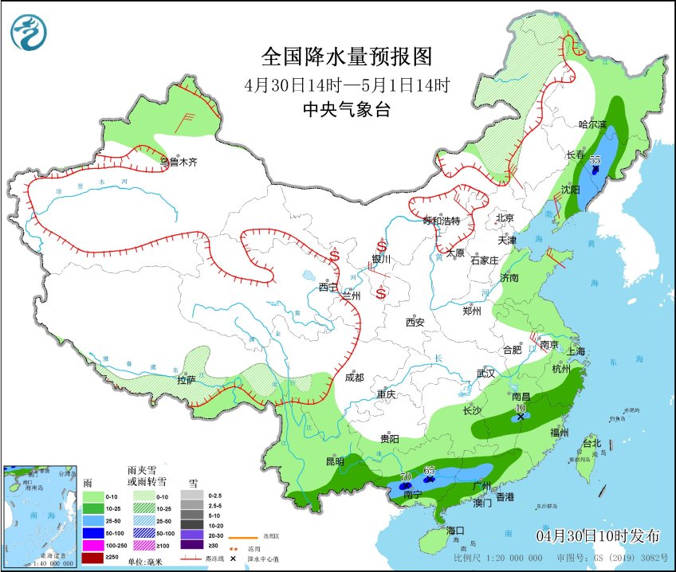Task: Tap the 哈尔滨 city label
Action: point(592,124)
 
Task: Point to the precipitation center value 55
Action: point(595,159)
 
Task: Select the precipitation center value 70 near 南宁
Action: point(405,476)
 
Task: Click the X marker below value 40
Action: point(521,417)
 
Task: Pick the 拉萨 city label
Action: point(186,380)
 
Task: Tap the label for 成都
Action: point(355,377)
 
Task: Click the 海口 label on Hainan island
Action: point(455,530)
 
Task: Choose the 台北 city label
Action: point(591,442)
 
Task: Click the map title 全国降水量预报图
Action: point(347,57)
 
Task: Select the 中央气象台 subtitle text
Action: point(347,111)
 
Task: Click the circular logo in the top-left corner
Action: point(29,33)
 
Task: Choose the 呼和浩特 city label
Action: point(442,221)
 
